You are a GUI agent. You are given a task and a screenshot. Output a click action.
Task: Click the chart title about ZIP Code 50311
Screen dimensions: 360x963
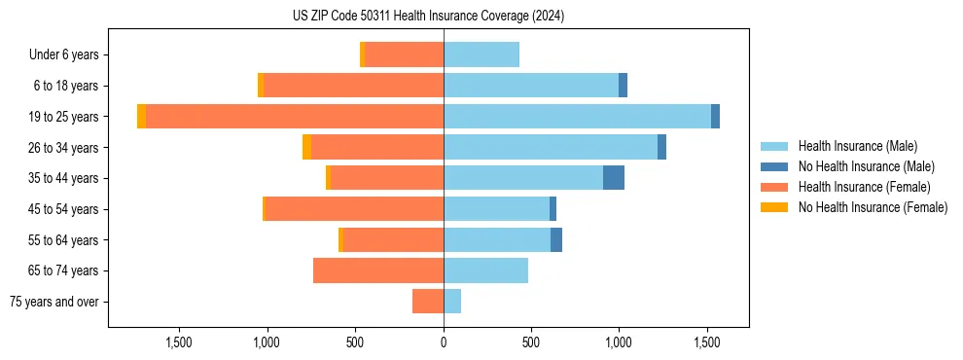tap(428, 16)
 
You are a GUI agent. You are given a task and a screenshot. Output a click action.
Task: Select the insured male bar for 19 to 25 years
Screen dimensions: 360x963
tap(577, 117)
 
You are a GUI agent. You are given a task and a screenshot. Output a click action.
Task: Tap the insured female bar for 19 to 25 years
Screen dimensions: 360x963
tap(295, 117)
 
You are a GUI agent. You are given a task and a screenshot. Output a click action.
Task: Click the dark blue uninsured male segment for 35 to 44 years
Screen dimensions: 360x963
tap(614, 178)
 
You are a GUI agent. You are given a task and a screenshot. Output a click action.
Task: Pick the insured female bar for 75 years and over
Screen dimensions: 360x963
tap(428, 302)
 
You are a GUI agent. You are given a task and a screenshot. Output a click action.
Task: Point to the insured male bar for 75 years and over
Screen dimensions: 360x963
tap(452, 302)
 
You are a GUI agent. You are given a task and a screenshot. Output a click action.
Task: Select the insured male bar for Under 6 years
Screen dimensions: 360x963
tap(481, 54)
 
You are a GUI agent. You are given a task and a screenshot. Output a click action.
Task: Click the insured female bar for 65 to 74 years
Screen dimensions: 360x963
tap(378, 270)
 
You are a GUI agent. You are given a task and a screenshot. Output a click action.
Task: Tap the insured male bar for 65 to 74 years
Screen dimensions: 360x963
tap(485, 270)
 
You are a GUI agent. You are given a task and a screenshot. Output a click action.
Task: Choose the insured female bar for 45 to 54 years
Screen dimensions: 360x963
tap(354, 209)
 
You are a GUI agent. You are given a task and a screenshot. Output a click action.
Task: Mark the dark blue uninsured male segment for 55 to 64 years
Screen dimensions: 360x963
tap(556, 240)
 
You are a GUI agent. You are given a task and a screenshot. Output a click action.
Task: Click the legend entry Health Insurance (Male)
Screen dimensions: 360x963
tap(857, 146)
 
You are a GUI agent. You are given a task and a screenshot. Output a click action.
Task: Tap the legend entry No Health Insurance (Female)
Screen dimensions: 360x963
tap(873, 207)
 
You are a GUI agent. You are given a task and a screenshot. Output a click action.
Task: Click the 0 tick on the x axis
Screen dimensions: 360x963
tap(444, 342)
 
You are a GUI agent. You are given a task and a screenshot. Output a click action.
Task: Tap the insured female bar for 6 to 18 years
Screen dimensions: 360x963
tap(353, 86)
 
